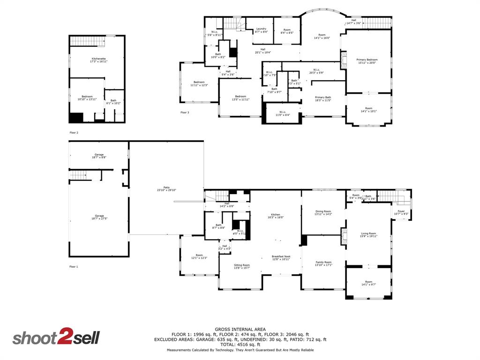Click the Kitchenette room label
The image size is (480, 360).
(x=98, y=60)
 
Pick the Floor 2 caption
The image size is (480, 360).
(x=74, y=133)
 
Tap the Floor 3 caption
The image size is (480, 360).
(x=185, y=112)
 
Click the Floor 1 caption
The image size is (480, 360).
(x=74, y=266)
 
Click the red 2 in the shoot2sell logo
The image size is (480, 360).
(x=64, y=338)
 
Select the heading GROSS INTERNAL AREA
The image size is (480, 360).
(x=240, y=329)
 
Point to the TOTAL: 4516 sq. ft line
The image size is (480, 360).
(x=240, y=345)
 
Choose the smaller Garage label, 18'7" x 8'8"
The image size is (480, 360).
(x=99, y=156)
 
